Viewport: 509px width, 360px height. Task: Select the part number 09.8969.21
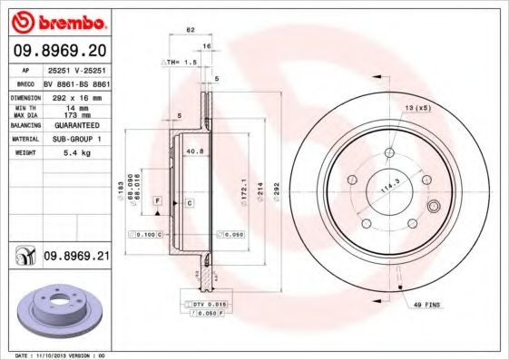pos(76,257)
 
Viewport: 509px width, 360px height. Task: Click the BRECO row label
pos(26,82)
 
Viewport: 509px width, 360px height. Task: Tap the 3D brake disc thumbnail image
pos(56,310)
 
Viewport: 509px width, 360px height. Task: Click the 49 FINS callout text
pos(426,306)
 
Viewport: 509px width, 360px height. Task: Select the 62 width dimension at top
pos(191,31)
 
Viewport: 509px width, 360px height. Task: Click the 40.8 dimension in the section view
pos(193,151)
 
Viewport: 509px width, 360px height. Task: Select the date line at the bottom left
pos(61,355)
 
